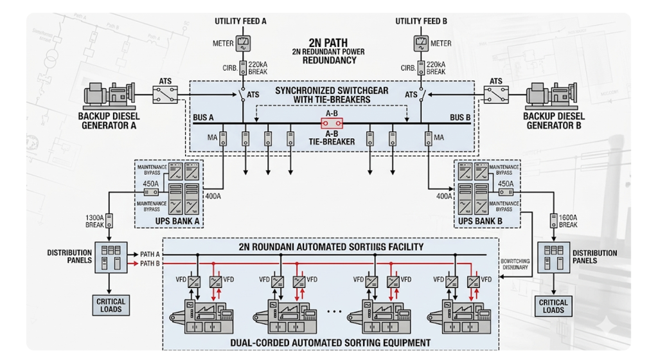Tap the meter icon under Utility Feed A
243,44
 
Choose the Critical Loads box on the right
553,306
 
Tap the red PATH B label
150,264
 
